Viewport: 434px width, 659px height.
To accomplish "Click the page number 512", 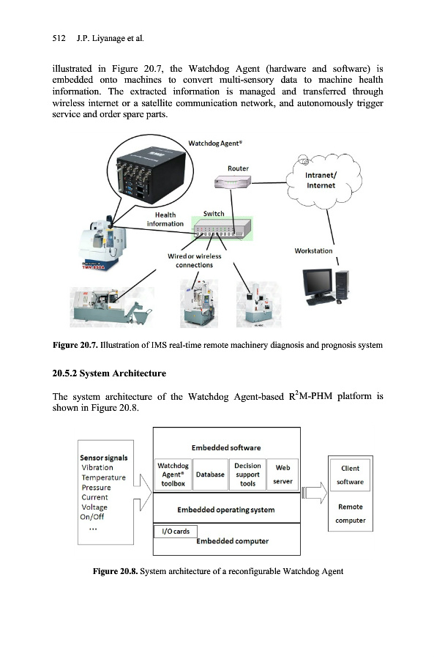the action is point(59,38).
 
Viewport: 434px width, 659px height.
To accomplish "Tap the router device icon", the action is point(232,182).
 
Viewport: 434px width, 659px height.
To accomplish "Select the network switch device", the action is point(222,229).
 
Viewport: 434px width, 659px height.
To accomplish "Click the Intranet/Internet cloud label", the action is point(321,180).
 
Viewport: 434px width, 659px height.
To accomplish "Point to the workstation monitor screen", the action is point(317,282).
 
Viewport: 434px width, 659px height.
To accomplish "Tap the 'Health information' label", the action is point(165,220).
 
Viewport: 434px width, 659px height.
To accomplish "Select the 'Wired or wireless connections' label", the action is point(194,261).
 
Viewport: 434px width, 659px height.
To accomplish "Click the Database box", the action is point(210,474).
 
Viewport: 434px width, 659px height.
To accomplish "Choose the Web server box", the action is point(283,474).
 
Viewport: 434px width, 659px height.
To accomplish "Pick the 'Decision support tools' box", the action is point(247,474).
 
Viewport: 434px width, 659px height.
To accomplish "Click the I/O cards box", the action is point(176,532).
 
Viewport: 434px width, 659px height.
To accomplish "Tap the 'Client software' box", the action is point(350,475).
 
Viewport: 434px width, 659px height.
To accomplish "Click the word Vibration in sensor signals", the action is point(97,467).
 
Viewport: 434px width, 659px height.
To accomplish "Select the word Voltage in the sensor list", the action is point(94,507).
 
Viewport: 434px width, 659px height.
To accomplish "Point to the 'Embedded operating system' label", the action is point(226,510).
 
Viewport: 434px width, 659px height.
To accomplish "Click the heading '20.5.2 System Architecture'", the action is point(109,373).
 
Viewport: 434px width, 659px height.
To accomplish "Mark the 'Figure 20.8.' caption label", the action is point(115,571).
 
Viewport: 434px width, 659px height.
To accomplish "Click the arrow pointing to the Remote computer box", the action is point(314,493).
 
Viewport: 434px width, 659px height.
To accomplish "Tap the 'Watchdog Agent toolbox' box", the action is point(173,474).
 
